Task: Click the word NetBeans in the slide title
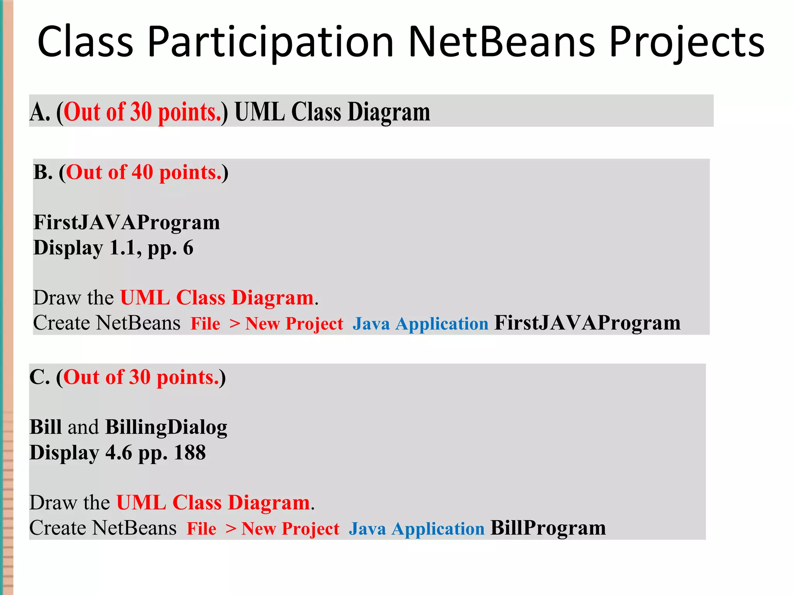tap(501, 41)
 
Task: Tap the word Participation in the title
tap(271, 41)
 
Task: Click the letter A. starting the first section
tap(39, 112)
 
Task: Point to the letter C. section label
tap(39, 377)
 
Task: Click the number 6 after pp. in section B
tap(188, 248)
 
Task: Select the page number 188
tap(190, 452)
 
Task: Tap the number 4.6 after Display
tap(119, 452)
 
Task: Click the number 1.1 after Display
tap(123, 248)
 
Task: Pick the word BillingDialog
tap(166, 427)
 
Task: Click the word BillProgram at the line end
tap(548, 528)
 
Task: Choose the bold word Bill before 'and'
tap(45, 427)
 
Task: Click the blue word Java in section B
tap(371, 323)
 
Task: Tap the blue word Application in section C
tap(438, 528)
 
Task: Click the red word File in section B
tap(205, 323)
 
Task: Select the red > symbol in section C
tap(231, 528)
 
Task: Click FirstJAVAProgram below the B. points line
tap(127, 222)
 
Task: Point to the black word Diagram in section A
tap(389, 112)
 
